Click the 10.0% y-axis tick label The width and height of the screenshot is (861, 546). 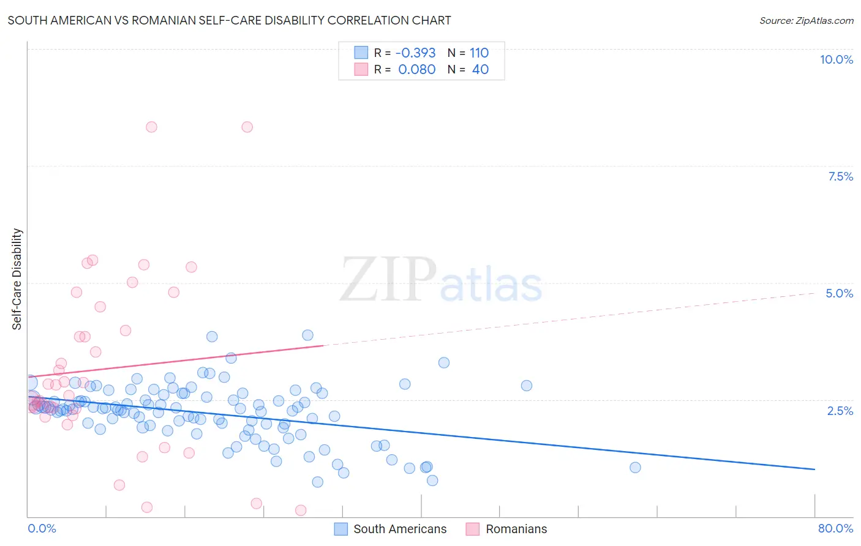[x=836, y=59]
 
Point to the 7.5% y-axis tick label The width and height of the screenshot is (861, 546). [x=840, y=176]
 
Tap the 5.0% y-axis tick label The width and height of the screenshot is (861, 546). [x=839, y=293]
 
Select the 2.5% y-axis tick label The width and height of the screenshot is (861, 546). [x=840, y=411]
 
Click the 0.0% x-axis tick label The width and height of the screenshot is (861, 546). [x=42, y=528]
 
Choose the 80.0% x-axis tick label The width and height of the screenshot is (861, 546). [x=835, y=528]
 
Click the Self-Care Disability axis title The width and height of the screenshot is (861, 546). [x=17, y=279]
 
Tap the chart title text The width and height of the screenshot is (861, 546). [x=229, y=20]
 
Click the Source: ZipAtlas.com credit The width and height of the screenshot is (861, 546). [x=806, y=20]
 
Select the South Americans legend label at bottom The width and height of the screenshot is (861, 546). [x=400, y=529]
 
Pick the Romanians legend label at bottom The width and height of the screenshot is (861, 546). [x=516, y=529]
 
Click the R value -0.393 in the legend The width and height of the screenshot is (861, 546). [x=415, y=53]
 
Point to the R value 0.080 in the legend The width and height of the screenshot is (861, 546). [x=416, y=69]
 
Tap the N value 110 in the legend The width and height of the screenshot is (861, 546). [x=479, y=53]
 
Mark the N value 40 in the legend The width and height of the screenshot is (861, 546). [x=480, y=69]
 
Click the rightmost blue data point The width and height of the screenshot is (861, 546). [x=635, y=468]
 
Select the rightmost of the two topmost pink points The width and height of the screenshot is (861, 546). [x=247, y=127]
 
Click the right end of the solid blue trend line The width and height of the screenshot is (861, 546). [x=814, y=469]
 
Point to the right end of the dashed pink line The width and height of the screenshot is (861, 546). [x=814, y=294]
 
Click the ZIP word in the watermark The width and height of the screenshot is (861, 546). [x=388, y=280]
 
